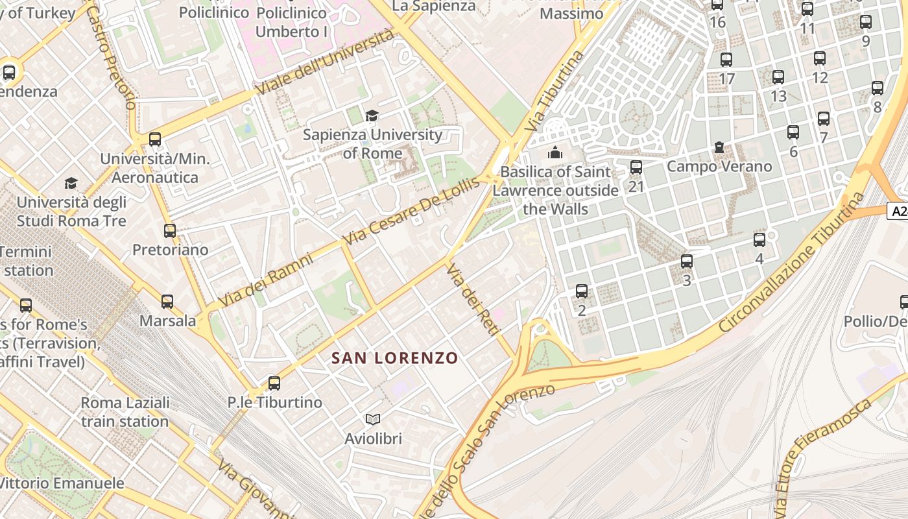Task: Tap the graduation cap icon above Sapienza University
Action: (372, 116)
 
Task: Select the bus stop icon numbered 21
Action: (636, 167)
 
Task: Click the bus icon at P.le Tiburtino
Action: (274, 383)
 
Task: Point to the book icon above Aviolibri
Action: (373, 420)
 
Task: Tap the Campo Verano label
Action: (719, 167)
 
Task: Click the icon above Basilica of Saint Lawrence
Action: (555, 153)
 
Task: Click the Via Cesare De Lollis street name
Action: (412, 210)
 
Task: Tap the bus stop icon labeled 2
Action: (582, 291)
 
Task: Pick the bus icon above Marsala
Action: (167, 302)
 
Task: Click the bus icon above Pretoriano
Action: (170, 231)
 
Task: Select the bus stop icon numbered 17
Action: (726, 60)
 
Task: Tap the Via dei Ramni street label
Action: (265, 280)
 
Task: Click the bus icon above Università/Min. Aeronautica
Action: (154, 139)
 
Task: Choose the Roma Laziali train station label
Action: (125, 412)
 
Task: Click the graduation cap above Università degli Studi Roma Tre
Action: (71, 184)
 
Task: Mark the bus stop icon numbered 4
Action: (759, 240)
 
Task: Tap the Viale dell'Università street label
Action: (325, 62)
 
